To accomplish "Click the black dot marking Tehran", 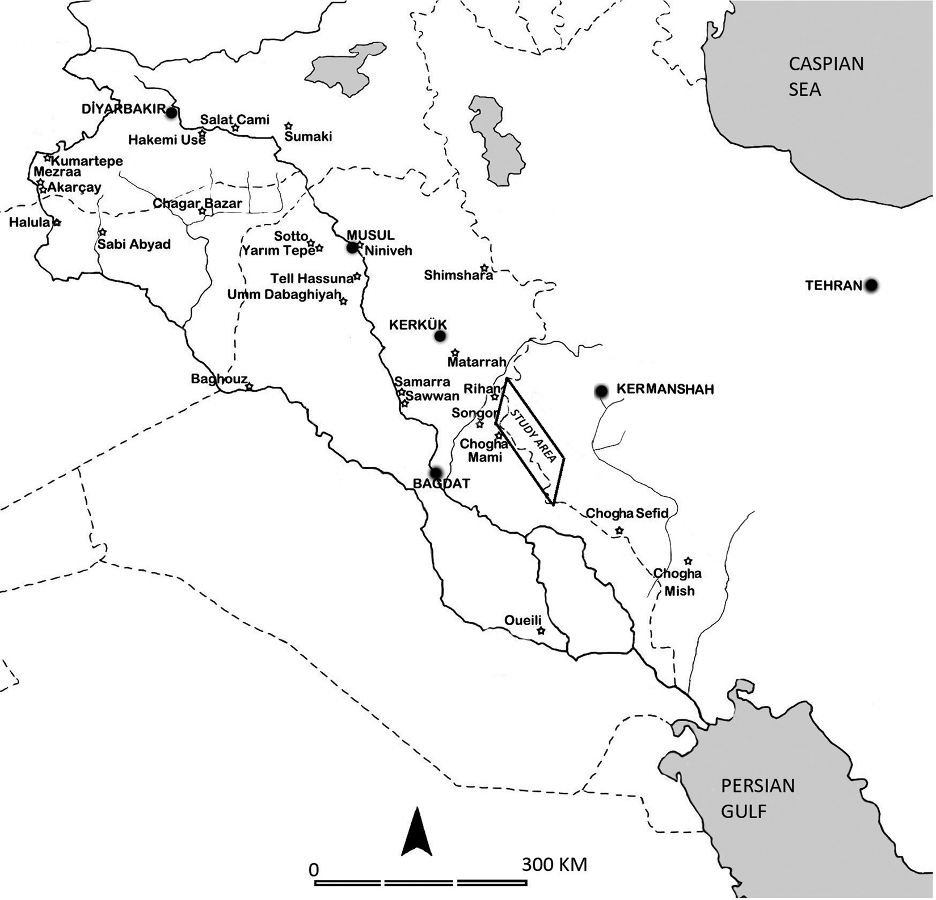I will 871,285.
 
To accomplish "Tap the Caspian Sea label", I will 826,77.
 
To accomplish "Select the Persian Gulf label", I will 757,798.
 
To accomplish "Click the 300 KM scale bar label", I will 554,865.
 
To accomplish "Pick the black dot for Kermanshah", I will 601,391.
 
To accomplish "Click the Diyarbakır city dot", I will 171,112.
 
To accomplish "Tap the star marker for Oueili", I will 541,631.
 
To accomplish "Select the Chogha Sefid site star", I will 619,531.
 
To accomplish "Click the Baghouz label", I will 219,379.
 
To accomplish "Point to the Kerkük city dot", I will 440,336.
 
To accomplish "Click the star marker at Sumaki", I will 288,125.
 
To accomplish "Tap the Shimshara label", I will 458,275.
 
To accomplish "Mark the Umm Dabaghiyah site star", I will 343,302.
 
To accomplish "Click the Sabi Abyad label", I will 134,244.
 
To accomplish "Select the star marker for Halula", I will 57,223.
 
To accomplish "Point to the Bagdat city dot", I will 436,472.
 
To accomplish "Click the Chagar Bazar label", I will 197,203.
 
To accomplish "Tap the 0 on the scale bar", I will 314,869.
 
